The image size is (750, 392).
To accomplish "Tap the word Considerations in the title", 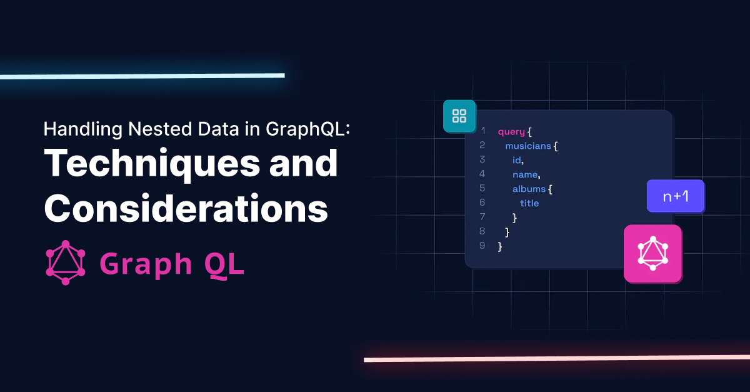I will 186,209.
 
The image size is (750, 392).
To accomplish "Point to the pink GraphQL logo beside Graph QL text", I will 65,263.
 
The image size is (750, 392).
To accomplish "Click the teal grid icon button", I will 459,116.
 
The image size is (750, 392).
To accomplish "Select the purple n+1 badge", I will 675,196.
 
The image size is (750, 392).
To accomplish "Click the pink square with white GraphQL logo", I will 652,253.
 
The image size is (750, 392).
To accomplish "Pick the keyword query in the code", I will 511,132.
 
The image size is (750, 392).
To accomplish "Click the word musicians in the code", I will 528,146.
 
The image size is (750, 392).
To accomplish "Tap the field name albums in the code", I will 529,189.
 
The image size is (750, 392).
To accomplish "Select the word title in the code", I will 529,203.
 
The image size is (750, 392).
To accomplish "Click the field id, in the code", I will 517,160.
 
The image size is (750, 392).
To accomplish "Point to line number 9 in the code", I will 482,245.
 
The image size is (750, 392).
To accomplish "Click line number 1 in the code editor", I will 482,131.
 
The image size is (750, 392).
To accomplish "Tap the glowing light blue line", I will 142,76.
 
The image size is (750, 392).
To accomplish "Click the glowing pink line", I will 556,359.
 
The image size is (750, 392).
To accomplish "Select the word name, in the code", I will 526,174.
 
